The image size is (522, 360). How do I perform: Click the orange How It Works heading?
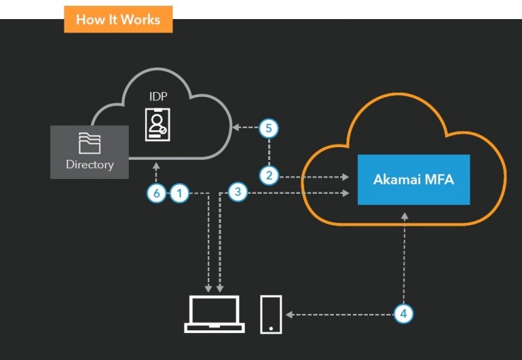tap(118, 19)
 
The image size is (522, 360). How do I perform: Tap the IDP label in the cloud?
tap(158, 96)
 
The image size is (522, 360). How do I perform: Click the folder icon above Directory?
tap(90, 143)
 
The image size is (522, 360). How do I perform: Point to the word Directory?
tap(90, 164)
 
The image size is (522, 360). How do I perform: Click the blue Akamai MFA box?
tap(413, 180)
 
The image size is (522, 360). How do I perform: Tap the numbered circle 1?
tap(180, 192)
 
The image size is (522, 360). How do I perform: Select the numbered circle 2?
tap(269, 175)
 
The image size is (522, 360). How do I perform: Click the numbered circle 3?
tap(238, 191)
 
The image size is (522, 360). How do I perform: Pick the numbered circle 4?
tap(402, 313)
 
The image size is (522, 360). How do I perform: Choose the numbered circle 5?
tap(269, 128)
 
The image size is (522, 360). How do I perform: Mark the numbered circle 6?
tap(156, 192)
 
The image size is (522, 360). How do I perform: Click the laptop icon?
tap(214, 314)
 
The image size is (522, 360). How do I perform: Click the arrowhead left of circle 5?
tap(236, 128)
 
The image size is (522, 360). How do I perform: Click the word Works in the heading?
tap(141, 19)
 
